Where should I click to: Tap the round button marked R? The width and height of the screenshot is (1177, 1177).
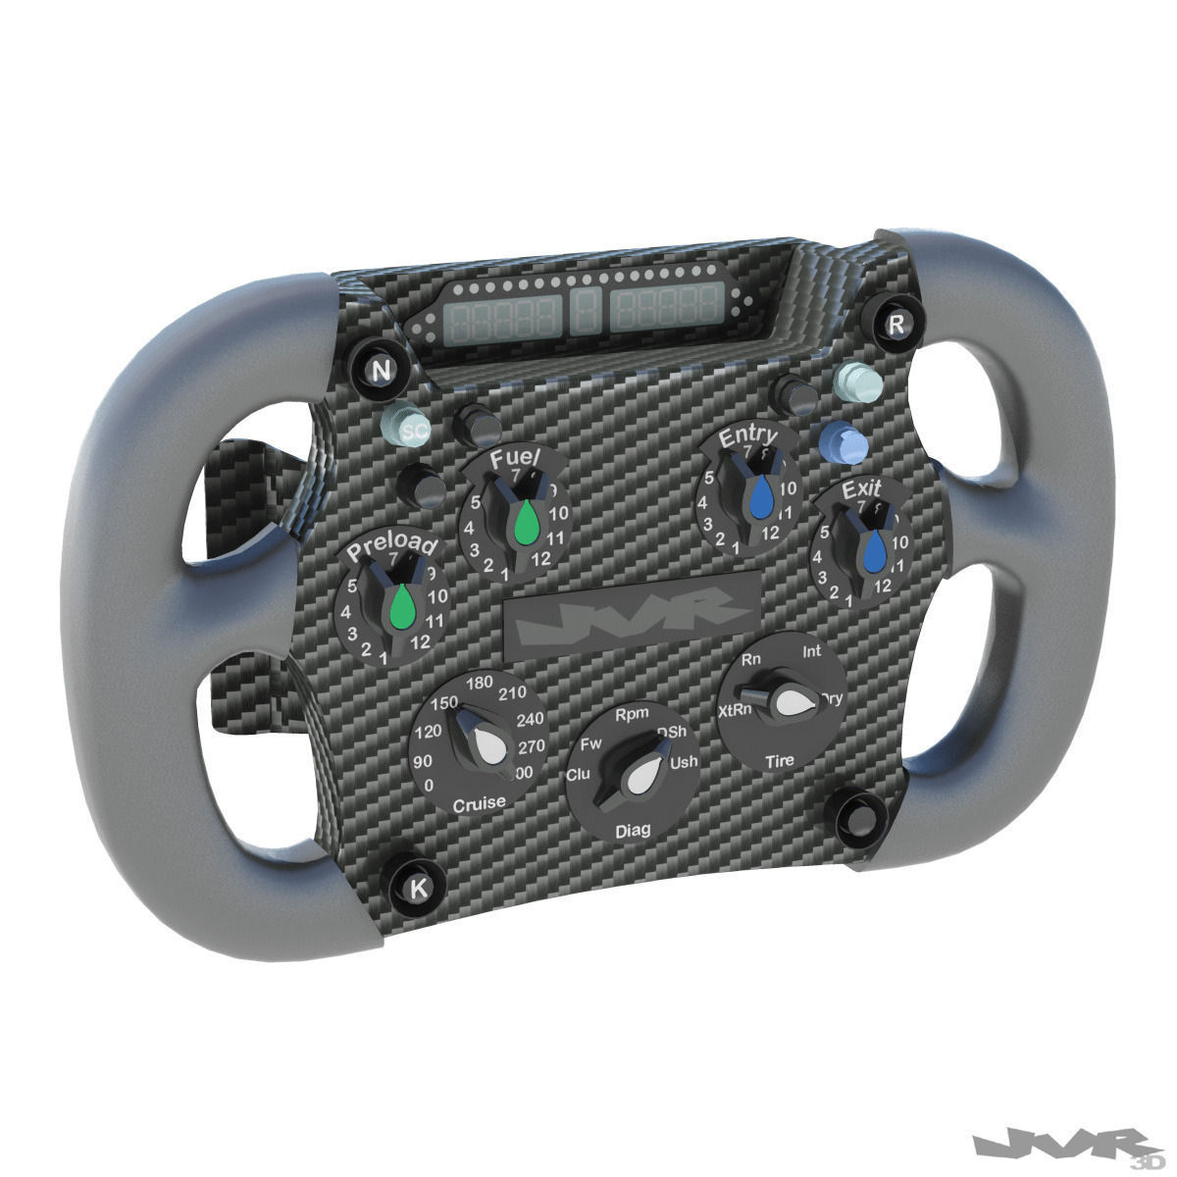[895, 325]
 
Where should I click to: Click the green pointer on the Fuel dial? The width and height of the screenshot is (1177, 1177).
[527, 522]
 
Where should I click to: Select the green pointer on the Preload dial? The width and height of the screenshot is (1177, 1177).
[399, 605]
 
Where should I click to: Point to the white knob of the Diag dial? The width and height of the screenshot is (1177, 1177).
[643, 777]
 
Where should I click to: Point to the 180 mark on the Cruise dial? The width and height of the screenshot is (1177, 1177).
[481, 683]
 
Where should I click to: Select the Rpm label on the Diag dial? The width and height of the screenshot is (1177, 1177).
[629, 716]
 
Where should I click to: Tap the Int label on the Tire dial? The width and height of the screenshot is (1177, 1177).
[812, 651]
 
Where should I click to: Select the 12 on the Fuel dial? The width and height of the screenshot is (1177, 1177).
[539, 560]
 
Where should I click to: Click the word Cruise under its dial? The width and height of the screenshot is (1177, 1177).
[479, 803]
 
